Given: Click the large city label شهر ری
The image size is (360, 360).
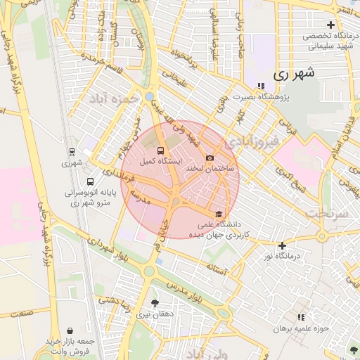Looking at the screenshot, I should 292,72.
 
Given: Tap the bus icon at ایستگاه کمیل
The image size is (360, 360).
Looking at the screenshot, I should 161,150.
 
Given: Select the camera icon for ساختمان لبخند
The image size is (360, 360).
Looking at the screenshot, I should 210,158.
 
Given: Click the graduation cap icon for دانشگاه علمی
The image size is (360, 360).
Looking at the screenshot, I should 219,214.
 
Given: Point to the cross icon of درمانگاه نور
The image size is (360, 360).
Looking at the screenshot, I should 282,245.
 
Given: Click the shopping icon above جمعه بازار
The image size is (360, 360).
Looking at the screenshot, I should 70,330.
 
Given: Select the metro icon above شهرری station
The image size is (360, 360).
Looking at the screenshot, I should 71,151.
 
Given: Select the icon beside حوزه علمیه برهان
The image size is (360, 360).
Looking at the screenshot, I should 302,317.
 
